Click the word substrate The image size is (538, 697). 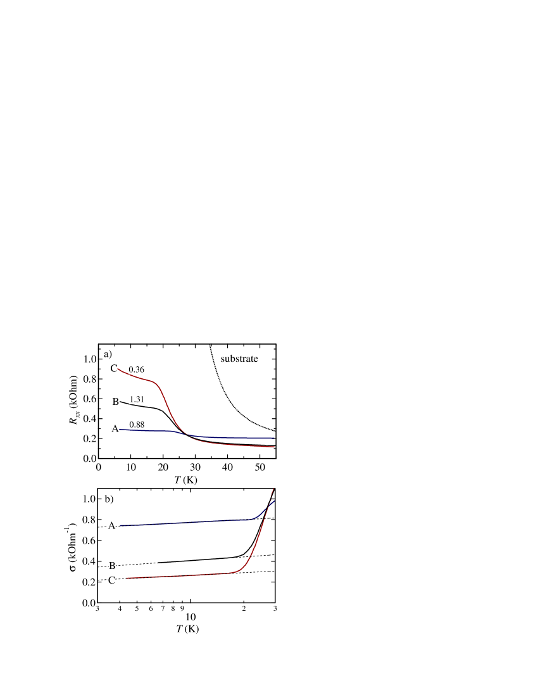point(239,359)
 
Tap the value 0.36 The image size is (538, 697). point(137,369)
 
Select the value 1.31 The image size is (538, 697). point(137,400)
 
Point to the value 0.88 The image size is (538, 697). point(137,424)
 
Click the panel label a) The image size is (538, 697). point(108,354)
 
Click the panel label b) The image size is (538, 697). point(109,499)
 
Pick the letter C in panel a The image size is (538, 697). point(114,369)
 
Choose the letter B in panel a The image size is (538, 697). point(116,401)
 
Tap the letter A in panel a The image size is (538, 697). point(115,429)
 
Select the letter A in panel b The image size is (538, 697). point(111,525)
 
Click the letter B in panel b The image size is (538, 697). point(112,565)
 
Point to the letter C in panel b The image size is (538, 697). point(112,580)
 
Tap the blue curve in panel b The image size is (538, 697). point(190,522)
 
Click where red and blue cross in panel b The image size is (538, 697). point(270,503)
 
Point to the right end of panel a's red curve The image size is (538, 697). point(274,447)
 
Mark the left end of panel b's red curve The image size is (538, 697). point(127,578)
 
